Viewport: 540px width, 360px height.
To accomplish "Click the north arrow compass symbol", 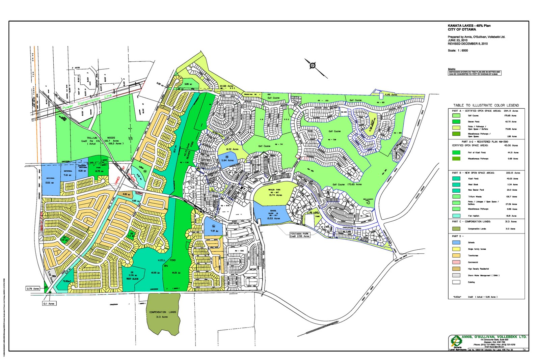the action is click(x=313, y=65).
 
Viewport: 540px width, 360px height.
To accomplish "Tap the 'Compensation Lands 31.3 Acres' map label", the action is click(x=163, y=314).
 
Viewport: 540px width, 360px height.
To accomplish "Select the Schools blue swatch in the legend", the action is click(x=456, y=243).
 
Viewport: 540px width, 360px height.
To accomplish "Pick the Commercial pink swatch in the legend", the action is click(x=456, y=262).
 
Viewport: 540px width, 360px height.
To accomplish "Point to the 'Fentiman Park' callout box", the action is click(x=300, y=235).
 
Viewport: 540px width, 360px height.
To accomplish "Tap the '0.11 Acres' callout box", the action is click(x=49, y=304).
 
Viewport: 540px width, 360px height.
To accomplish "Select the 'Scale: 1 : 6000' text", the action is click(x=458, y=51).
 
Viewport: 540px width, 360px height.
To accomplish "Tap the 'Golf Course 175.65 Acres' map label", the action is click(x=347, y=185).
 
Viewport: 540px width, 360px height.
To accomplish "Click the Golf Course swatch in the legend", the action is click(x=456, y=115).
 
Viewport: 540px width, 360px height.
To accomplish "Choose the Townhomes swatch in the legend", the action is click(x=456, y=255).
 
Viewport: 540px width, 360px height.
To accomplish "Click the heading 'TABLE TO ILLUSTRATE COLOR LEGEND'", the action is click(x=486, y=105).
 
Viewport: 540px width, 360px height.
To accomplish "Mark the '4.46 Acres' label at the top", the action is click(x=391, y=95).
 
